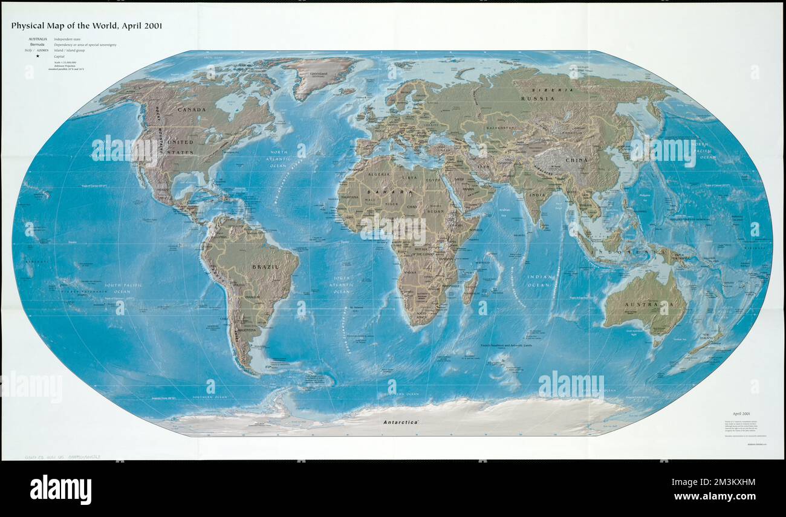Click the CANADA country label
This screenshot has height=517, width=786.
pos(191,109)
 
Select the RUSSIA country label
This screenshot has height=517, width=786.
pos(538,98)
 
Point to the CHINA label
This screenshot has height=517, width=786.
pos(576,160)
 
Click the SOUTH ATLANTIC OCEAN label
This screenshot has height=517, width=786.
pos(342,285)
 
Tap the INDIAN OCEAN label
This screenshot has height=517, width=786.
pos(539,281)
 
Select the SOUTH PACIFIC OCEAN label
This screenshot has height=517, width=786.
pos(117,288)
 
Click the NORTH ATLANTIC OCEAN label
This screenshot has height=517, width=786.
pos(279,159)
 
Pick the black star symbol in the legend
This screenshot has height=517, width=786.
pos(37,56)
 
